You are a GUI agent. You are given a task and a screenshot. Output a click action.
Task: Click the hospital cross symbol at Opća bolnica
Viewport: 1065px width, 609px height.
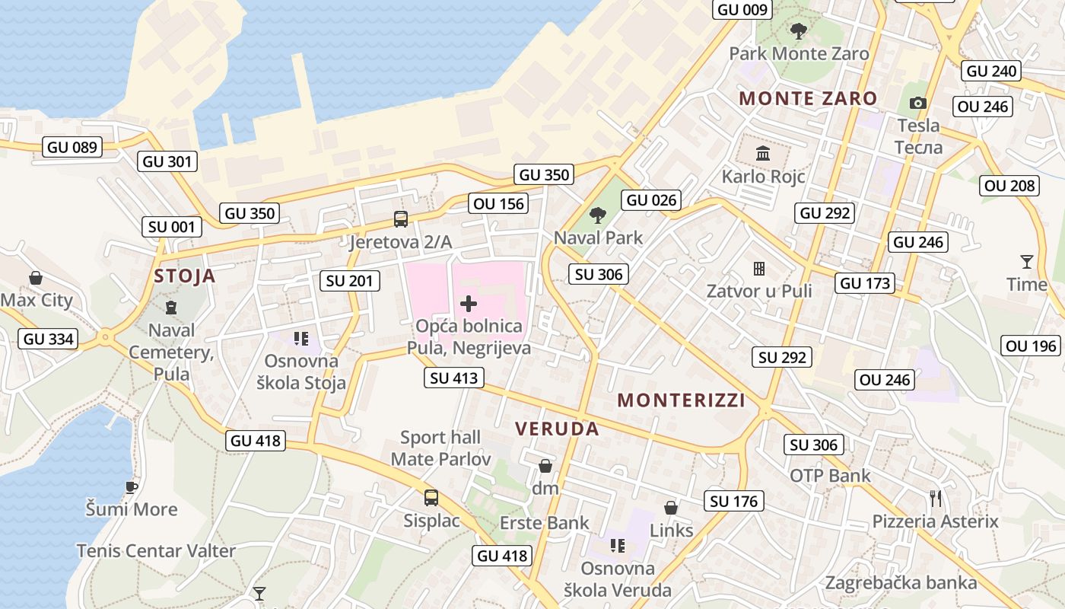pyautogui.click(x=469, y=304)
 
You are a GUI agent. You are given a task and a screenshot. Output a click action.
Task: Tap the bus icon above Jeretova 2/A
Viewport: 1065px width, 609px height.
pyautogui.click(x=401, y=219)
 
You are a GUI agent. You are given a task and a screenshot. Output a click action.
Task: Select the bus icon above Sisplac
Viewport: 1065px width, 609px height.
pyautogui.click(x=431, y=498)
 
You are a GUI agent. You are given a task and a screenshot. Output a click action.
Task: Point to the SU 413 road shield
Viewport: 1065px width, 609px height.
pyautogui.click(x=454, y=378)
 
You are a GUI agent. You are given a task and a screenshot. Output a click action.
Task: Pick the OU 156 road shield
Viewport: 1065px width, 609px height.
pyautogui.click(x=499, y=203)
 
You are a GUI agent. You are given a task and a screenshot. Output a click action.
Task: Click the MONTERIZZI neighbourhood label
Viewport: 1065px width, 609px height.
pyautogui.click(x=681, y=400)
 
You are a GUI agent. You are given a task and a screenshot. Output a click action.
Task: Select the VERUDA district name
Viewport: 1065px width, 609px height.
pyautogui.click(x=557, y=429)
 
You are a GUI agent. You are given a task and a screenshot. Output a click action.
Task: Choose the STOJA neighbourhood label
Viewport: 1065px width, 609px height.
pyautogui.click(x=185, y=276)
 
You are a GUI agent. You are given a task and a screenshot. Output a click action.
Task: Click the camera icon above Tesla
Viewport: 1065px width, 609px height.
pyautogui.click(x=918, y=103)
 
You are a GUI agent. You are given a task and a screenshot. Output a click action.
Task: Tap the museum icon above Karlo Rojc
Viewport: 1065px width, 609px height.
pyautogui.click(x=763, y=154)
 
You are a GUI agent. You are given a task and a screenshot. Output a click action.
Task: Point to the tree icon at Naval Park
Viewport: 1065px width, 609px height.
pyautogui.click(x=598, y=215)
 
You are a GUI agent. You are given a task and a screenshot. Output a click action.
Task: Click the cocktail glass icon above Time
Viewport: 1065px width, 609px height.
pyautogui.click(x=1027, y=262)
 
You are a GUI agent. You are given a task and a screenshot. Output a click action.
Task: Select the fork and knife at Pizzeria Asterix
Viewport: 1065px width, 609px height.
pyautogui.click(x=936, y=499)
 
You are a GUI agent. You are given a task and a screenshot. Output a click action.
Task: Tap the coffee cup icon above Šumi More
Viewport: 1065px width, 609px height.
pyautogui.click(x=132, y=486)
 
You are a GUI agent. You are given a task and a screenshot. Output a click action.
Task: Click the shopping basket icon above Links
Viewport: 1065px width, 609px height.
pyautogui.click(x=671, y=507)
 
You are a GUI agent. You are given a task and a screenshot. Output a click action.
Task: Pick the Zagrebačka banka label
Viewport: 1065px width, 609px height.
pyautogui.click(x=901, y=583)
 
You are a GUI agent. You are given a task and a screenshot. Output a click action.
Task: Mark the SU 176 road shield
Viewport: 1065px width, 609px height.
pyautogui.click(x=734, y=501)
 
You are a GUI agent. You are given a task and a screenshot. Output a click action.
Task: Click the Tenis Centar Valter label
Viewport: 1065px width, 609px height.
pyautogui.click(x=156, y=550)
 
